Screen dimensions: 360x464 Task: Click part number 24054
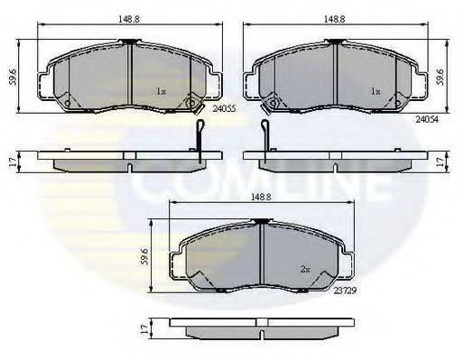click(x=427, y=117)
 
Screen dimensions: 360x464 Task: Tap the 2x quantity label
click(x=306, y=269)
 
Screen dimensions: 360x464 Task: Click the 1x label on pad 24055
click(x=161, y=91)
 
